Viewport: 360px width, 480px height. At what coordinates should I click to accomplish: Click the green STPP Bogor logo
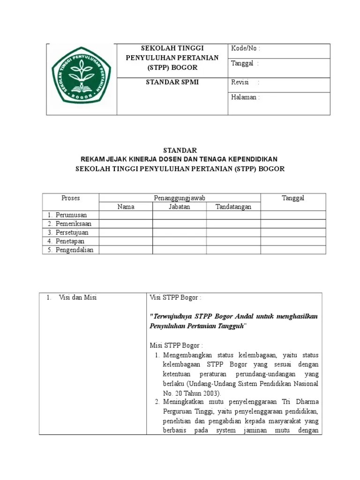coord(81,75)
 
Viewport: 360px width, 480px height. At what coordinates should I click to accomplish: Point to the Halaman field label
coord(245,97)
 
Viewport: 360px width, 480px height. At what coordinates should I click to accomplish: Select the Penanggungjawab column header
coord(180,198)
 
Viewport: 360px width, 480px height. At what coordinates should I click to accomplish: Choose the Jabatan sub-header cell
coord(179,207)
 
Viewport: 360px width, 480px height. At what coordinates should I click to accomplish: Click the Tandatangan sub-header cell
coord(233,207)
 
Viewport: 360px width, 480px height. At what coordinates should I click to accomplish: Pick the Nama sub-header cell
coord(126,207)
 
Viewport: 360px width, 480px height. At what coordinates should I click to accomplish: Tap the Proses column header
coord(71,198)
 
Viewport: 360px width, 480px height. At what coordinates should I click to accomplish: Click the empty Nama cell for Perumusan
coord(126,215)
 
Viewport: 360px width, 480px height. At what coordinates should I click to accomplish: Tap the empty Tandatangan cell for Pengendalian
coord(233,250)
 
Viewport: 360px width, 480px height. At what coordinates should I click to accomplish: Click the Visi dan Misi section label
coord(78,298)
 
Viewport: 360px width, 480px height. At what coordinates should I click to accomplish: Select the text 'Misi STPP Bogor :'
coord(176,345)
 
